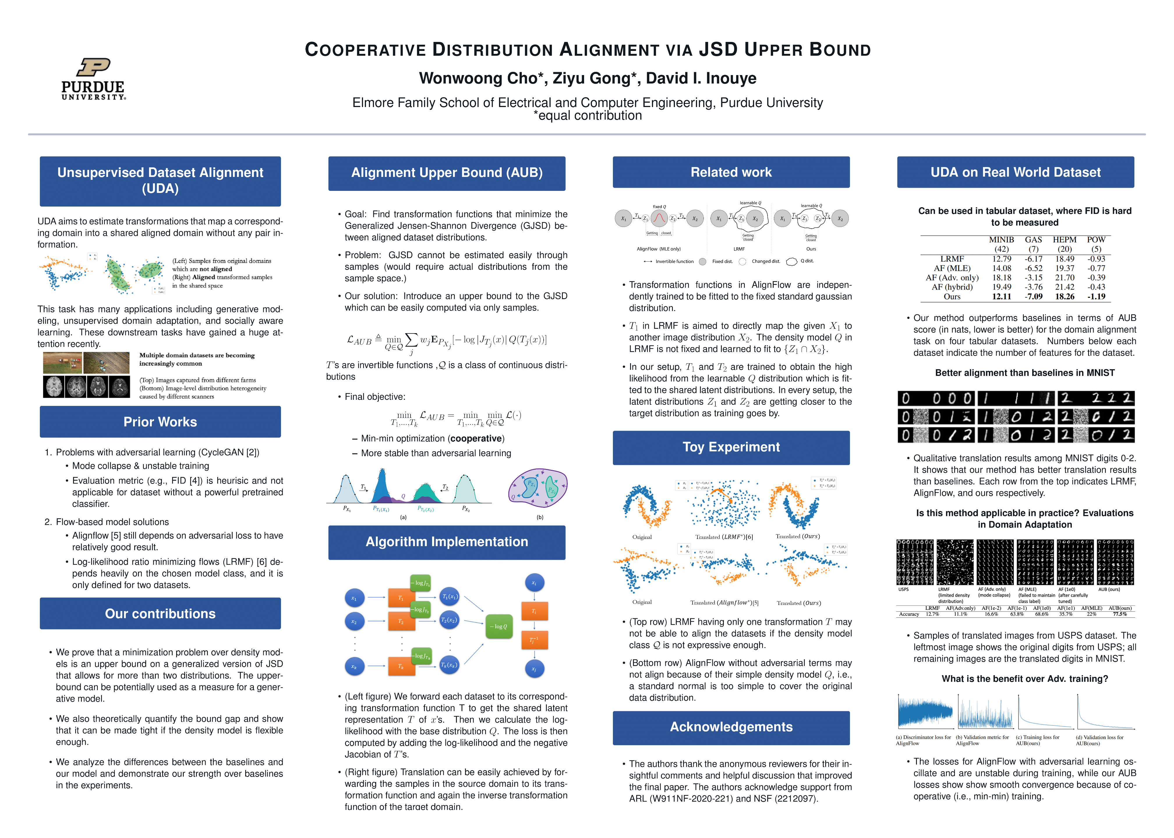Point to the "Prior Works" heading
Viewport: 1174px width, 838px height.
(x=160, y=422)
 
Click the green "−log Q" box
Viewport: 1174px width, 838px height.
(x=499, y=626)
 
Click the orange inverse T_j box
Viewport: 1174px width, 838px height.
(x=534, y=640)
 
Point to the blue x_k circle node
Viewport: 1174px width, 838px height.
(x=354, y=667)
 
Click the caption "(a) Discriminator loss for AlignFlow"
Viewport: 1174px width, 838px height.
(x=923, y=740)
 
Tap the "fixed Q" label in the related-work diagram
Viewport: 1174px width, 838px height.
(x=659, y=206)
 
